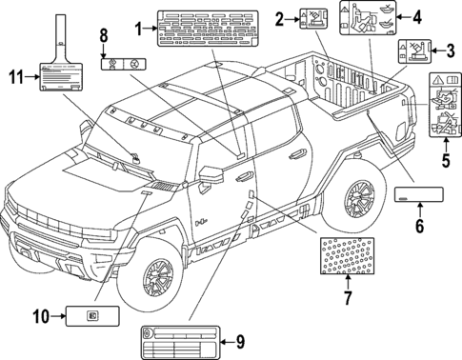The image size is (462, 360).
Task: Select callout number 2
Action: coord(280,18)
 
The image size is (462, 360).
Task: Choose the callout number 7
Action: coord(348,299)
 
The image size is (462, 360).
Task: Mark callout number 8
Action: coord(103,36)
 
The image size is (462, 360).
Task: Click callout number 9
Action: coord(239,340)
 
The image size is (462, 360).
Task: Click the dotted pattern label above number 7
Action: coord(348,255)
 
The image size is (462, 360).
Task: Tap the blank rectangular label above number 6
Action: coord(417,196)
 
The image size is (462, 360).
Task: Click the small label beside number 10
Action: coord(90,316)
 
